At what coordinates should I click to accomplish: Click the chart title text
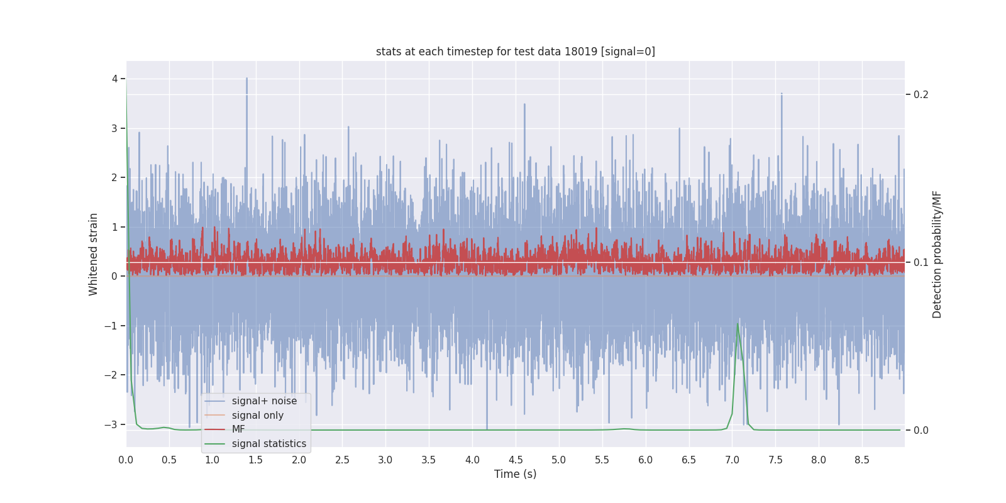(x=515, y=52)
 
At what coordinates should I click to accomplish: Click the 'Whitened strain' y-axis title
(x=94, y=254)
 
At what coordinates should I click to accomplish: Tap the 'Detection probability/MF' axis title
(x=937, y=254)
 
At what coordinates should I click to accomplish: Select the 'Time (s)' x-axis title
(x=515, y=474)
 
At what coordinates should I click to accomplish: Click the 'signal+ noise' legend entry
(x=264, y=401)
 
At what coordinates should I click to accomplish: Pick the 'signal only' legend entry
(x=257, y=416)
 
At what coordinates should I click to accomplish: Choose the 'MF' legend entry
(x=238, y=429)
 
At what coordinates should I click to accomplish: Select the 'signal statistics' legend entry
(x=268, y=444)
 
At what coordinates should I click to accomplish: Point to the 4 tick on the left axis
(x=115, y=79)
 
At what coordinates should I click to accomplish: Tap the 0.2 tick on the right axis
(x=920, y=94)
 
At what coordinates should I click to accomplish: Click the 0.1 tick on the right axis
(x=920, y=262)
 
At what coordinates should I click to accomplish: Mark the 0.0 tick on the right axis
(x=920, y=430)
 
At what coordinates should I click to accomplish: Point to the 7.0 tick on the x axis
(x=732, y=460)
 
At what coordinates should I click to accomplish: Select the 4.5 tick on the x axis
(x=516, y=460)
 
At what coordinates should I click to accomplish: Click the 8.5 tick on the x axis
(x=862, y=460)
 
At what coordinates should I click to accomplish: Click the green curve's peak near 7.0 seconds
(x=738, y=324)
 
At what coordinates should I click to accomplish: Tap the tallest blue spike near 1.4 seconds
(x=246, y=79)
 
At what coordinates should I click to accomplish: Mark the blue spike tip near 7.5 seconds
(x=782, y=94)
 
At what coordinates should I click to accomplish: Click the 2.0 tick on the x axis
(x=299, y=460)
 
